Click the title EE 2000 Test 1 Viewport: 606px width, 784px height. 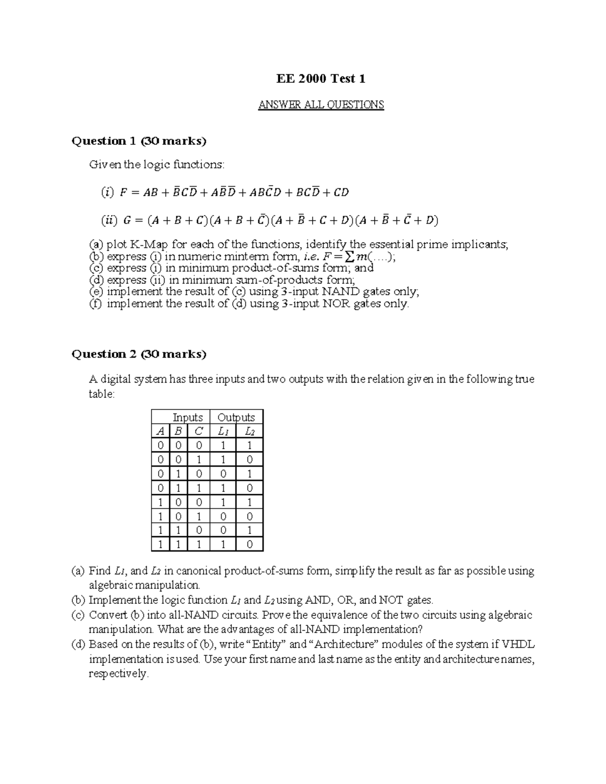pos(321,79)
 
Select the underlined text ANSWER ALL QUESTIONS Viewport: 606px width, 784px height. pos(321,105)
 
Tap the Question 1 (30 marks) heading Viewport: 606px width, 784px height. pos(139,141)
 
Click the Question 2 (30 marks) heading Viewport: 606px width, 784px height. pos(139,354)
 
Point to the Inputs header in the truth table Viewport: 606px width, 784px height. pos(187,417)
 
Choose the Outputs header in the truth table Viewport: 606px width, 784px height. pos(236,417)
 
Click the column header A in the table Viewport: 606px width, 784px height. pos(160,431)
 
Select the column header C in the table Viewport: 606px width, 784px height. pos(198,431)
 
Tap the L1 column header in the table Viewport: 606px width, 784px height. pos(223,431)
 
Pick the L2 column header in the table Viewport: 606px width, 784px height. pos(249,431)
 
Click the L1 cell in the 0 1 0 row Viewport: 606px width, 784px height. pos(223,474)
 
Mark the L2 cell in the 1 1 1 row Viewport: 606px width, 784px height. pos(249,544)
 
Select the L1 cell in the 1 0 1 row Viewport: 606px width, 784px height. pos(223,516)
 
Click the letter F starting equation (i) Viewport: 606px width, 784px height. pos(123,192)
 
